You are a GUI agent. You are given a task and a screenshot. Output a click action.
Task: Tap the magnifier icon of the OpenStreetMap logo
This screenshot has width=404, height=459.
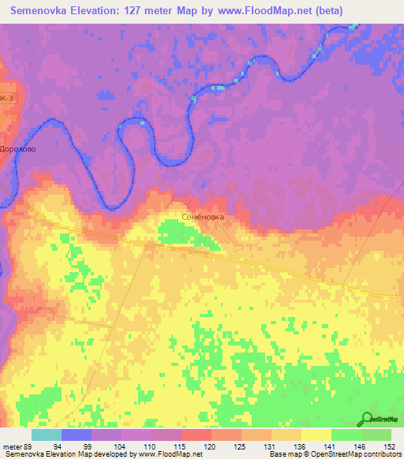point(367,420)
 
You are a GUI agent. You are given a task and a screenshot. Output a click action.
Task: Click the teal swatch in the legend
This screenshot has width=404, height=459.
point(46,435)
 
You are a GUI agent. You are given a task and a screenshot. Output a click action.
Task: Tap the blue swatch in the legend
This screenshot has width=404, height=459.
point(76,435)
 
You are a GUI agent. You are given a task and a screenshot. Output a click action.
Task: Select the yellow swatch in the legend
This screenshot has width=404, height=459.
point(316,435)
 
